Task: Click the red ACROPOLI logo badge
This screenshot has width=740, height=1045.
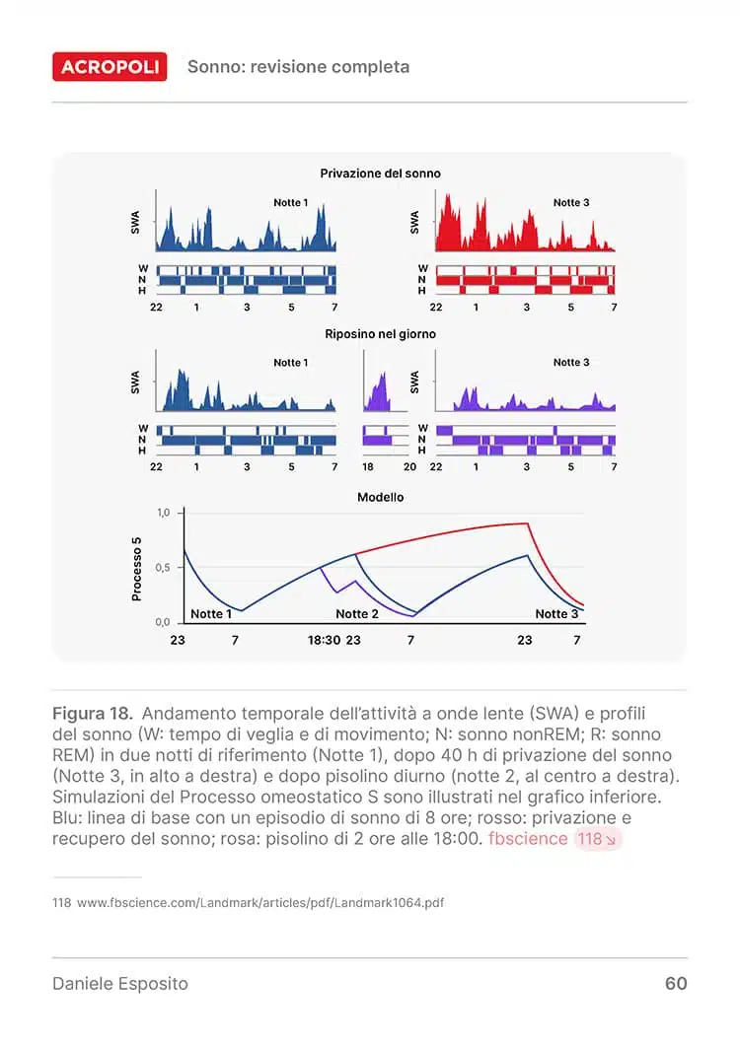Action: click(110, 67)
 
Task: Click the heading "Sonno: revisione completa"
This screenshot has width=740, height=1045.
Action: click(298, 67)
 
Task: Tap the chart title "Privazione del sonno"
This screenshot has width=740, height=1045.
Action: click(380, 174)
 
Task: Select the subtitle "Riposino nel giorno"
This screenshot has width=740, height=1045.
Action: click(380, 334)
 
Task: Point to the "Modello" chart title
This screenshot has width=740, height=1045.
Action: click(380, 498)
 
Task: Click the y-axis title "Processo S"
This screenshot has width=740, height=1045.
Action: click(137, 568)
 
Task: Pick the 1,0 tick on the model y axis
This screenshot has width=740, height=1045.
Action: click(164, 514)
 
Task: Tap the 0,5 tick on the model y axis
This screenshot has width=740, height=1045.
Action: click(164, 568)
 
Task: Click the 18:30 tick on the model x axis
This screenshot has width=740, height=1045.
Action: click(324, 640)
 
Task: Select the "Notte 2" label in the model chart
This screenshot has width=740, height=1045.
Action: click(357, 614)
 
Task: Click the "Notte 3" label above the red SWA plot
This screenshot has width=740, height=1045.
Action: click(571, 203)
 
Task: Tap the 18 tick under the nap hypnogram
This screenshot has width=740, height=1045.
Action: click(368, 467)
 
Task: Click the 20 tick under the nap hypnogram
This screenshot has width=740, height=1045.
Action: click(410, 467)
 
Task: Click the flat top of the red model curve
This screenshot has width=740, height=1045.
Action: click(513, 524)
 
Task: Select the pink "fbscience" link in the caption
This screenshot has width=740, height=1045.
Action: click(528, 839)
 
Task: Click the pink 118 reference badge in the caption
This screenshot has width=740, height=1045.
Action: click(597, 839)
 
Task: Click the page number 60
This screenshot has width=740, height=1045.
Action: click(676, 984)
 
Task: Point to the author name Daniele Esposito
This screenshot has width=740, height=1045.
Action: click(119, 984)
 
